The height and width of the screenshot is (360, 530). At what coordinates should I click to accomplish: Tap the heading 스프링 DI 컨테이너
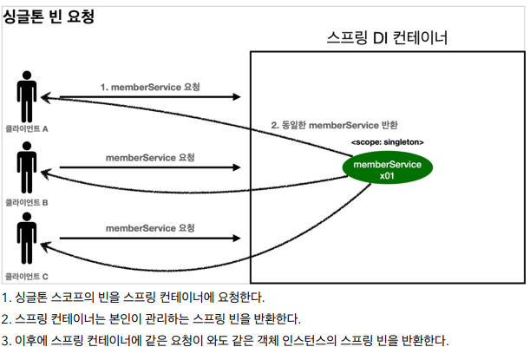(388, 38)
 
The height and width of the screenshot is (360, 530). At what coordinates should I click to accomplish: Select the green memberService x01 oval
(388, 169)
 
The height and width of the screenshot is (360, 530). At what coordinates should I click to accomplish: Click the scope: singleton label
(388, 141)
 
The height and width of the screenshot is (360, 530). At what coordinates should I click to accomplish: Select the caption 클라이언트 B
(27, 201)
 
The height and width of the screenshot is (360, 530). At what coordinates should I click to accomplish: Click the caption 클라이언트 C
(27, 275)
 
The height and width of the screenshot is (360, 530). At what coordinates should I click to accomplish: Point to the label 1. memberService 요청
(147, 87)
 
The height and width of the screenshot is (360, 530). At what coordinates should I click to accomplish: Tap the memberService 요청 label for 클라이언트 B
(150, 158)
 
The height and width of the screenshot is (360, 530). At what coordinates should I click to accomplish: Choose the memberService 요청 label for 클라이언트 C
(150, 228)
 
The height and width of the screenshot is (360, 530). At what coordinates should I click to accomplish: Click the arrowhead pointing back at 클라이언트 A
(47, 98)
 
